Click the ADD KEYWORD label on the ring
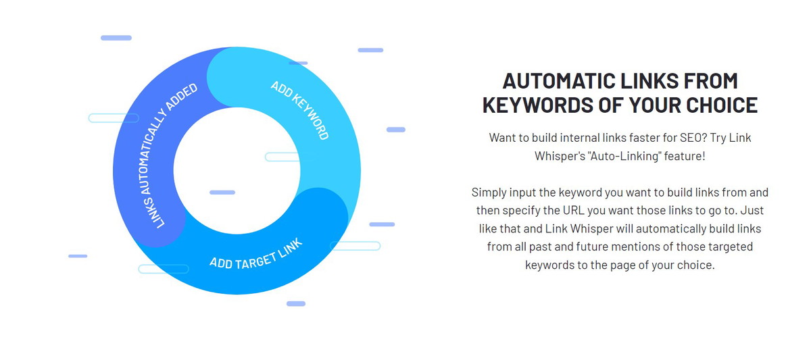point(300,110)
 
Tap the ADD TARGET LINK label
point(256,255)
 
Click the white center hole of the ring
point(237,170)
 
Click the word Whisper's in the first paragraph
point(560,156)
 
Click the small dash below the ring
point(296,303)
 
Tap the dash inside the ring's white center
point(222,192)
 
